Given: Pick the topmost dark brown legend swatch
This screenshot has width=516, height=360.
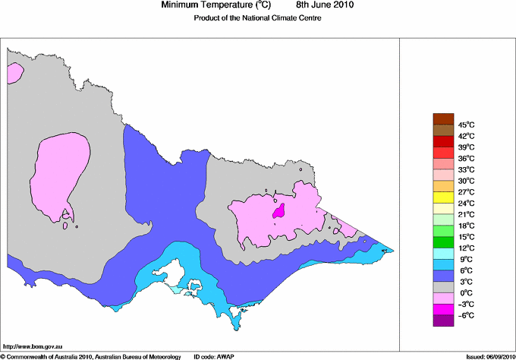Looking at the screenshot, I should (443, 118).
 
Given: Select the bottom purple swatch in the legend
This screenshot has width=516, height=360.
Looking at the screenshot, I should (443, 321).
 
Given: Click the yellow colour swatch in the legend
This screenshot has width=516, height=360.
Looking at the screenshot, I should (443, 197).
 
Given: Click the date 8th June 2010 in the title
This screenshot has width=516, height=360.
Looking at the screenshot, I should (319, 5).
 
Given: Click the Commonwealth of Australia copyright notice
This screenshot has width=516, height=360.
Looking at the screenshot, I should (91, 355).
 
